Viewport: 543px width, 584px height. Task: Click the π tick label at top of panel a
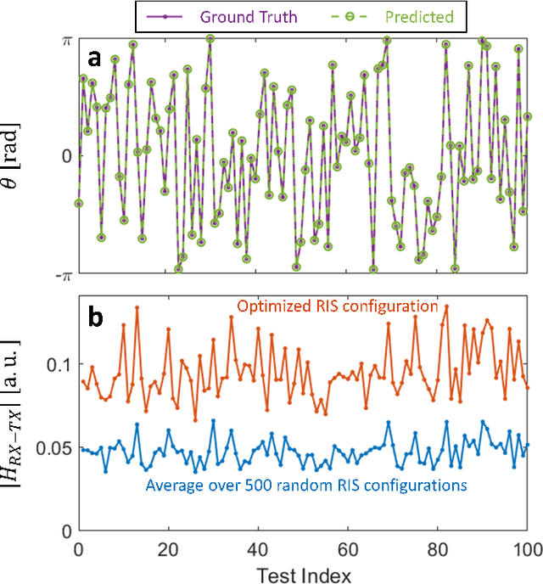tap(64, 39)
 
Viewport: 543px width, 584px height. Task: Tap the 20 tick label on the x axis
tap(168, 547)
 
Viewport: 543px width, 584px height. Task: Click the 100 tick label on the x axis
tap(527, 547)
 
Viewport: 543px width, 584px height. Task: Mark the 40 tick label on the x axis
tap(259, 547)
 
